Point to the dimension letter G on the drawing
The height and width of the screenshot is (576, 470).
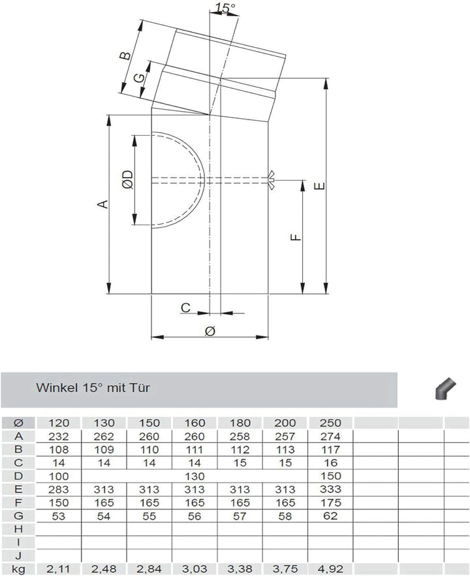click(x=138, y=78)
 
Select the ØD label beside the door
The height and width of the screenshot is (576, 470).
click(x=127, y=180)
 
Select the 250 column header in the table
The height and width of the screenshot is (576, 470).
click(x=330, y=423)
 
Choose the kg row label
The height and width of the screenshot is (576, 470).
click(x=18, y=569)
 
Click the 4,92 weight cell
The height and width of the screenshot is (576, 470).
click(x=330, y=569)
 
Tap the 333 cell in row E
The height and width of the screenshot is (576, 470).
click(x=330, y=490)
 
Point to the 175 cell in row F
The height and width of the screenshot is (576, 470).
click(x=330, y=503)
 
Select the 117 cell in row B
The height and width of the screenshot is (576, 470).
click(x=330, y=449)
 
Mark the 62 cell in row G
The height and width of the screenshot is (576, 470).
click(x=330, y=517)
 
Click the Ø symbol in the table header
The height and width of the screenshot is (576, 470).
click(x=18, y=423)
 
